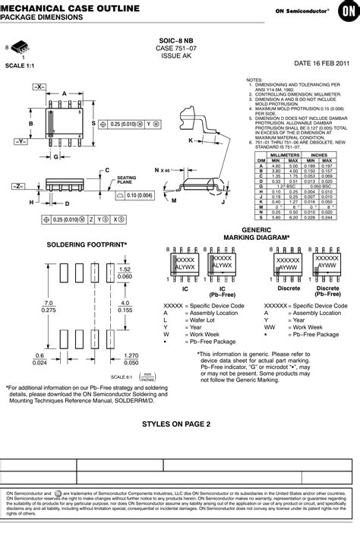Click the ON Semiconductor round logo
tap(346, 11)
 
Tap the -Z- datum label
tap(20, 185)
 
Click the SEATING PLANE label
tap(126, 180)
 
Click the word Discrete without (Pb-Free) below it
tap(267, 288)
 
